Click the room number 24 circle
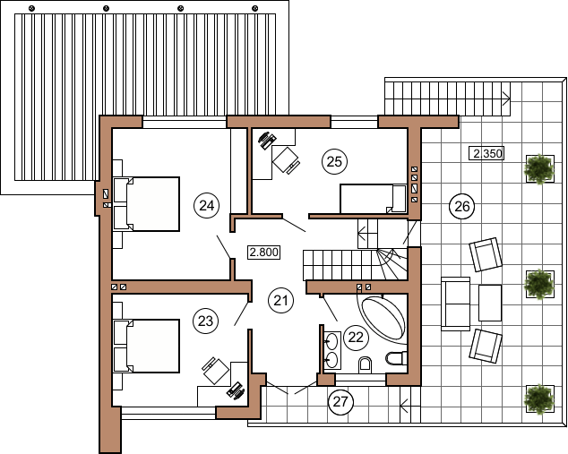tap(206, 206)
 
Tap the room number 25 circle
tap(334, 161)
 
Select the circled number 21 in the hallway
tap(280, 301)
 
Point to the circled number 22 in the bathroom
tap(356, 338)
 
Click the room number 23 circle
tap(206, 321)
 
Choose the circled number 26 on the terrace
tap(462, 207)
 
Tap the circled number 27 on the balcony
tap(340, 401)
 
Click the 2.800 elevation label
tap(264, 252)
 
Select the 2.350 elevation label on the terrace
tap(487, 153)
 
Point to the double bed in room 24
tap(147, 204)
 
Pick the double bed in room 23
tap(147, 346)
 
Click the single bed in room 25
tap(373, 199)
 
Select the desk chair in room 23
tap(215, 370)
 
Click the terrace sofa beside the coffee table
tap(455, 304)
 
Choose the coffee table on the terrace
tap(490, 303)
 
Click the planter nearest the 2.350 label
tap(539, 168)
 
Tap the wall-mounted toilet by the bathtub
tap(395, 357)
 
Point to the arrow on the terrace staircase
tap(506, 99)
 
